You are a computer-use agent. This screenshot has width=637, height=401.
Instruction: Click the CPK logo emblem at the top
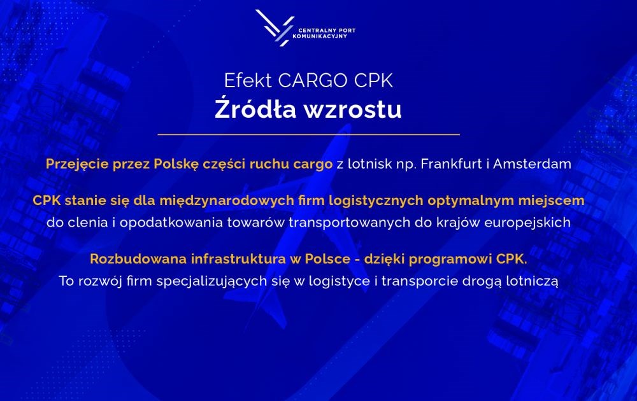(275, 27)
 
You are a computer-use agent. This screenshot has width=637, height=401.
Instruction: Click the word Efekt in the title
(248, 80)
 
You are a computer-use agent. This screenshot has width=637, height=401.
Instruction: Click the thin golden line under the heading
(309, 134)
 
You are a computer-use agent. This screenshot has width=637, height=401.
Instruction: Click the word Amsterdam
(532, 164)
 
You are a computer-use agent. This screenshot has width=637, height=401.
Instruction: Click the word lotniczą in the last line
(532, 281)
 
